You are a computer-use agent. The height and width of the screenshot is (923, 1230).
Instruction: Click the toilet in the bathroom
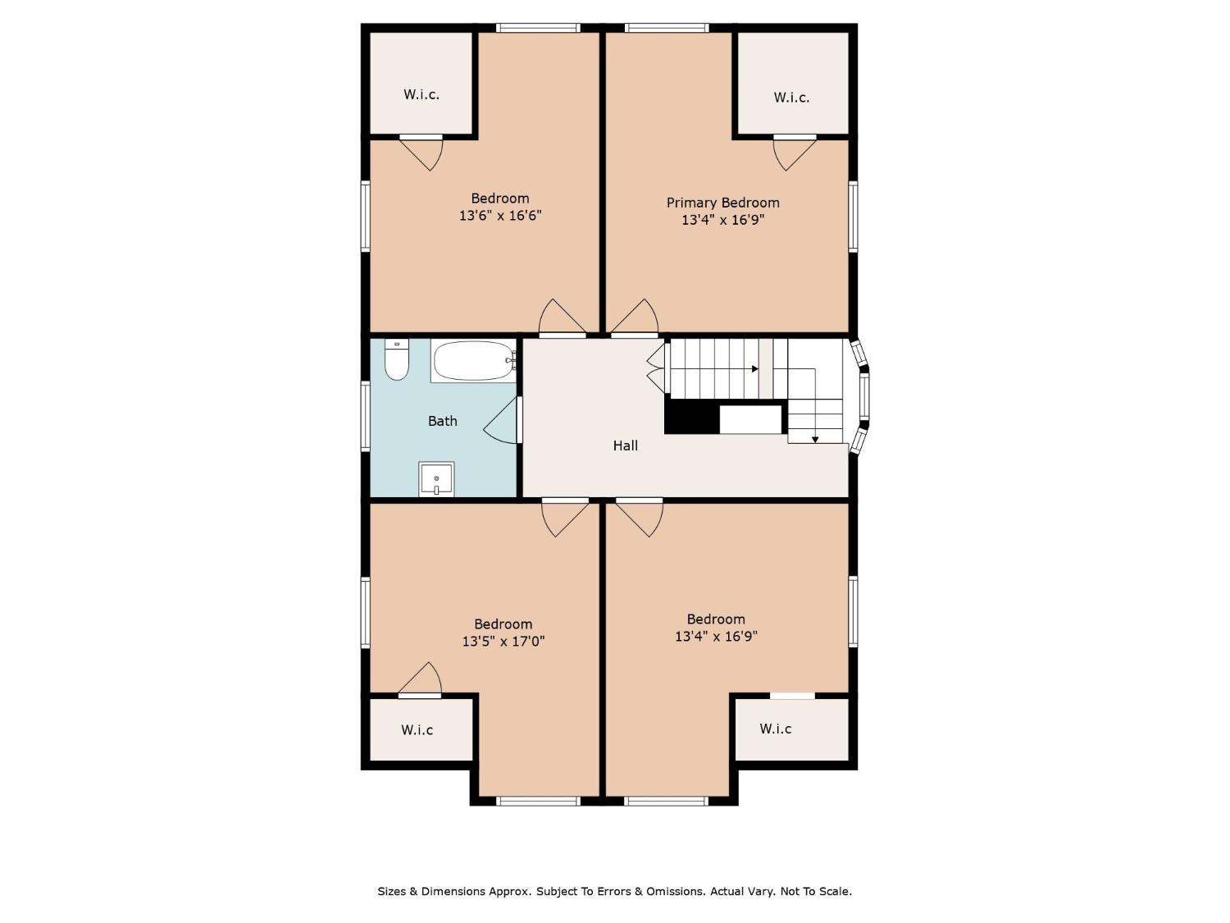(x=396, y=359)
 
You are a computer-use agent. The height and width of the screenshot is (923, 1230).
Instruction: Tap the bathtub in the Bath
(x=474, y=361)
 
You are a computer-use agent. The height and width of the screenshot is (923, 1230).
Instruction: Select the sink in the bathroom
(x=436, y=478)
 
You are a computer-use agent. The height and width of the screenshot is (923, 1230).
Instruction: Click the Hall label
(x=625, y=446)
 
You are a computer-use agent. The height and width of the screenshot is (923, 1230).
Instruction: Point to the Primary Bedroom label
(x=722, y=203)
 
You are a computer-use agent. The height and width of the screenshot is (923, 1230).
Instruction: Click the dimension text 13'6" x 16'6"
(x=500, y=215)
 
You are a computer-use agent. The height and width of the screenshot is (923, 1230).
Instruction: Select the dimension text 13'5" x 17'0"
(x=503, y=641)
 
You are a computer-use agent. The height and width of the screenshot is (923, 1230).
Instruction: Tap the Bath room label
(x=442, y=421)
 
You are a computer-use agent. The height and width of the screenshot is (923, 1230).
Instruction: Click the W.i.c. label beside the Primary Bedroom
(x=791, y=98)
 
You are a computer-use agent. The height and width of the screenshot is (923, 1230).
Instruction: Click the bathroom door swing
(x=500, y=420)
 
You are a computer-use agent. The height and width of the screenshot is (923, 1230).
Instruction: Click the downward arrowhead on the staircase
(x=815, y=440)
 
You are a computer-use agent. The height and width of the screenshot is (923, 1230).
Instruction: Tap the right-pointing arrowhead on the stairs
(x=755, y=368)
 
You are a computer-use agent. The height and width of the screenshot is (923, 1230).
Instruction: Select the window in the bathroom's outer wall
(x=366, y=416)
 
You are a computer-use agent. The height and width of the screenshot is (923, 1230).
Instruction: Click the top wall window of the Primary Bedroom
(x=667, y=27)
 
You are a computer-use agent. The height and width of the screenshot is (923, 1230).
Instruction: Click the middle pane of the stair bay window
(x=864, y=397)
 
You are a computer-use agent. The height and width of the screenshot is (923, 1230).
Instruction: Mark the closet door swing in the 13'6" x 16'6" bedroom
(x=421, y=153)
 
